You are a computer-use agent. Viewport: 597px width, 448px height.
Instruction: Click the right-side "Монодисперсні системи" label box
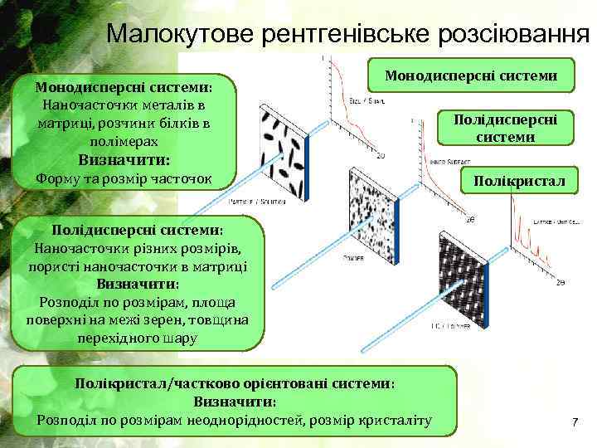pos(471,75)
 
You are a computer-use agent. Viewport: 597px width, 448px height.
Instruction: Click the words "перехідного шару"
pos(137,338)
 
